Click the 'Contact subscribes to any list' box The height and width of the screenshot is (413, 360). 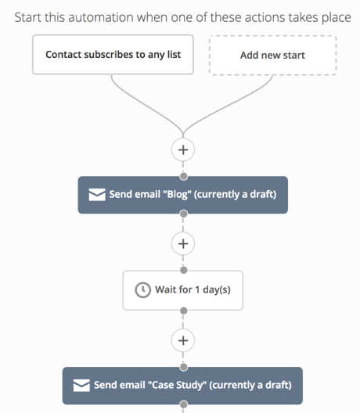click(x=113, y=55)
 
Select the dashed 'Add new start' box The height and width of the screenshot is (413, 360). click(x=273, y=56)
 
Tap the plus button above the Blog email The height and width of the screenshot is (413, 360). click(x=183, y=149)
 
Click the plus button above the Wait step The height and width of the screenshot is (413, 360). click(x=183, y=243)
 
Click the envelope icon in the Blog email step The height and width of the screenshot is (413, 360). click(x=97, y=195)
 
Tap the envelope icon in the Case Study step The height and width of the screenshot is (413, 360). click(x=81, y=386)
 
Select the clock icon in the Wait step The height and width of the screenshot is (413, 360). click(x=143, y=290)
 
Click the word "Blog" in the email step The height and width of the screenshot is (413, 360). click(x=177, y=195)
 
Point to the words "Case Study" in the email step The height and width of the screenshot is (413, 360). click(x=177, y=385)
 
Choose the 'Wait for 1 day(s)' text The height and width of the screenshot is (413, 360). click(x=193, y=289)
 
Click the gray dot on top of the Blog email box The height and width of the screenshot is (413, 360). click(x=184, y=176)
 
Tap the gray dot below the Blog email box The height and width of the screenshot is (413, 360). click(x=184, y=214)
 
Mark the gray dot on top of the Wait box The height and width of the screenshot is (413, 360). click(x=184, y=270)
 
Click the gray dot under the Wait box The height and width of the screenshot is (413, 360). click(x=184, y=311)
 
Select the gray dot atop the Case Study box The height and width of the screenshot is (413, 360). click(x=184, y=367)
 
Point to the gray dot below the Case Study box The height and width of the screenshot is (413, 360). click(x=184, y=404)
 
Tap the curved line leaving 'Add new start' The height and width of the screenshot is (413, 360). click(x=229, y=106)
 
